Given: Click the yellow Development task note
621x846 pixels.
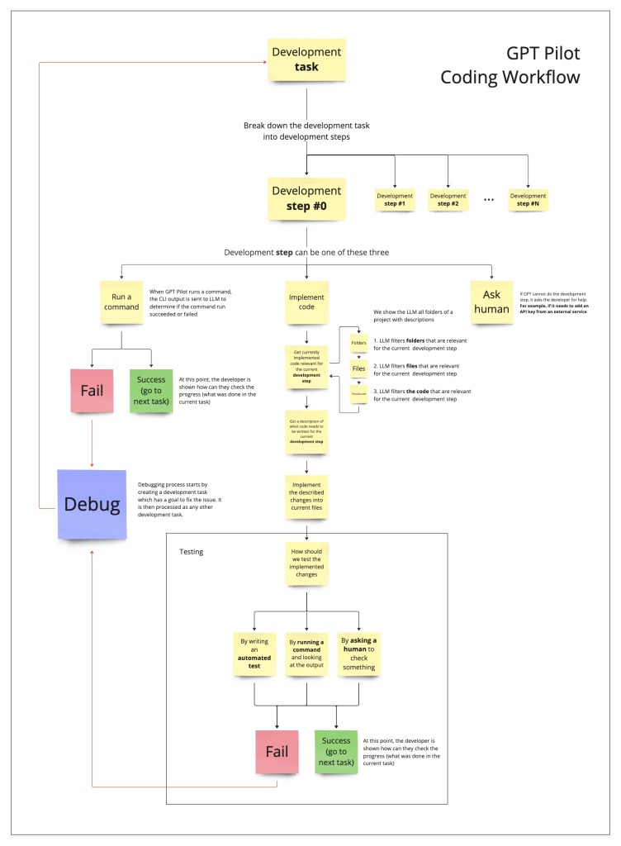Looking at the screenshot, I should [x=306, y=60].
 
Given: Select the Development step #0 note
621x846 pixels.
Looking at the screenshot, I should [x=306, y=199].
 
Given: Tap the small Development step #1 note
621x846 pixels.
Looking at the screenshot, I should [x=396, y=199].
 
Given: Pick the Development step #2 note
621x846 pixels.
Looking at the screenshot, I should [x=448, y=199].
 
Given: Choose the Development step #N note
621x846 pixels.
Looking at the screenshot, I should [x=529, y=199].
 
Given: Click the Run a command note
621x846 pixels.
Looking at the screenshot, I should [x=121, y=302].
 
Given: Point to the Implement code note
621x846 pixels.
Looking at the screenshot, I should [x=306, y=302].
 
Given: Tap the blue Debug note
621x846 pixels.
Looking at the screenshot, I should [x=90, y=504].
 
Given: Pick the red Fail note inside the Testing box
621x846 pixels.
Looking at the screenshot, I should [x=276, y=751].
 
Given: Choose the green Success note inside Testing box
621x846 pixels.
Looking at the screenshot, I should [x=336, y=750].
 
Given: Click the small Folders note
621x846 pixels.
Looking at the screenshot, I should [x=359, y=342].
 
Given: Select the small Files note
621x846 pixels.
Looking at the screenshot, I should [x=359, y=368].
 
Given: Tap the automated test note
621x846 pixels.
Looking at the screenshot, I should [x=255, y=652].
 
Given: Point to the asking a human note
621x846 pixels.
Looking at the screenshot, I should [x=359, y=652].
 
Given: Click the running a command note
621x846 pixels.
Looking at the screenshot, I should [x=306, y=652].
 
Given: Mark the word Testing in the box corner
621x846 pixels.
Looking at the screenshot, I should [x=192, y=551].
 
